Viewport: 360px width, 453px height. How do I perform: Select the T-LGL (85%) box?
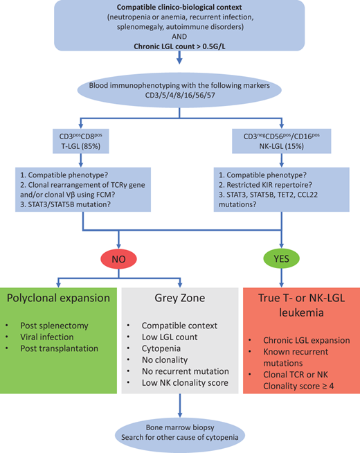pos(84,143)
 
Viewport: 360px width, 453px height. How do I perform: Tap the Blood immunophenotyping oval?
pos(181,91)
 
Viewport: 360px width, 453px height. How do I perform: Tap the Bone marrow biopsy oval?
pos(181,427)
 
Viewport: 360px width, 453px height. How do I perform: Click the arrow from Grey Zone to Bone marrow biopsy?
pos(180,405)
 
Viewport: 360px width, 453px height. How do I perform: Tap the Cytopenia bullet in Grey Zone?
pos(161,350)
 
